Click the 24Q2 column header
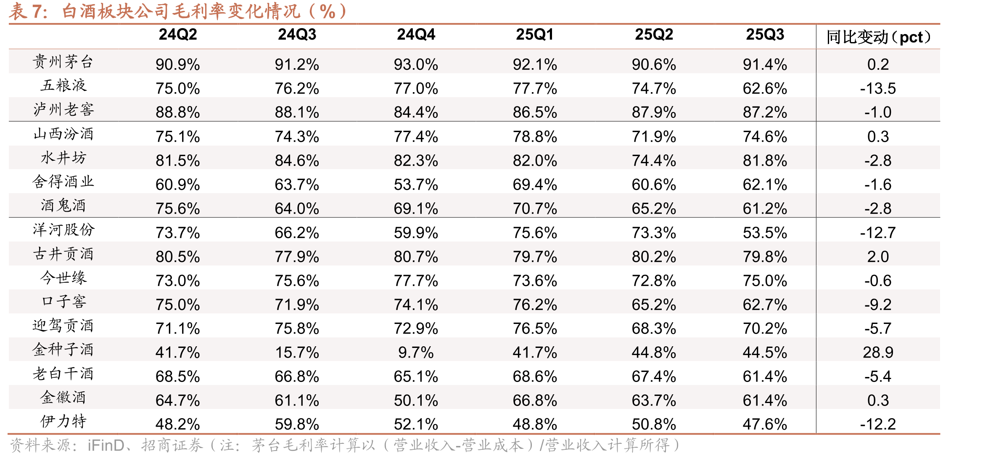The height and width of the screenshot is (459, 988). pyautogui.click(x=178, y=34)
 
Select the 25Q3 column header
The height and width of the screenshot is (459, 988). pyautogui.click(x=765, y=34)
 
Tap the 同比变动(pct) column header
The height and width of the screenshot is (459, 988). pyautogui.click(x=878, y=37)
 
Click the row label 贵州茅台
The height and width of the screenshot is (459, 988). pyautogui.click(x=63, y=61)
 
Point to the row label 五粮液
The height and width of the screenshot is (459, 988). pyautogui.click(x=63, y=85)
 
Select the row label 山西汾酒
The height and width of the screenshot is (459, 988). pyautogui.click(x=63, y=134)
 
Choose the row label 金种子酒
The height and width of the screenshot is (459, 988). pyautogui.click(x=63, y=349)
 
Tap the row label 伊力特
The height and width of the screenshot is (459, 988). pyautogui.click(x=63, y=421)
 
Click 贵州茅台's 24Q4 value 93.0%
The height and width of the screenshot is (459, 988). pyautogui.click(x=416, y=64)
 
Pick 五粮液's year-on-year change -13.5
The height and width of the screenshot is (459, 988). pyautogui.click(x=878, y=88)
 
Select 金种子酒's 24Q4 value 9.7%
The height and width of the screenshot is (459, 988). pyautogui.click(x=416, y=352)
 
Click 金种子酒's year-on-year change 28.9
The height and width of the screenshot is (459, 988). pyautogui.click(x=878, y=352)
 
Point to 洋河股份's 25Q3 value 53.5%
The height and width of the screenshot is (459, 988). pyautogui.click(x=765, y=233)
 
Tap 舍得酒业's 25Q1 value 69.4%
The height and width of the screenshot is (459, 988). pyautogui.click(x=535, y=184)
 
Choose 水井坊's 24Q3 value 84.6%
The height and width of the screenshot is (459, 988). pyautogui.click(x=297, y=160)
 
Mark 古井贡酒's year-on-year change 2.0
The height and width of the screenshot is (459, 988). pyautogui.click(x=878, y=257)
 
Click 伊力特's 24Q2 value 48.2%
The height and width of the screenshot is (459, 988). pyautogui.click(x=178, y=424)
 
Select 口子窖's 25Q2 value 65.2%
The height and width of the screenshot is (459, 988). pyautogui.click(x=654, y=305)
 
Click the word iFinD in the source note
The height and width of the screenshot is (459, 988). pyautogui.click(x=106, y=446)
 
